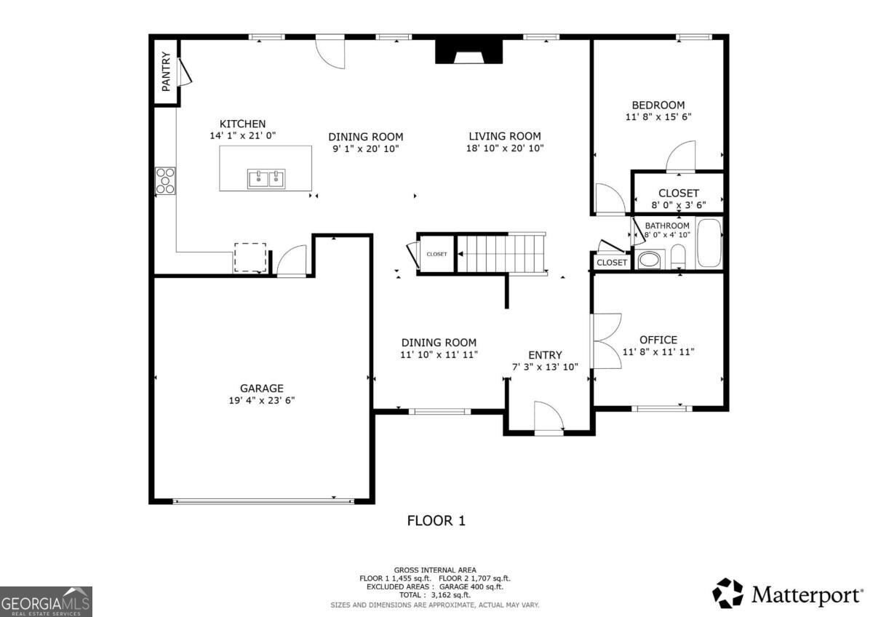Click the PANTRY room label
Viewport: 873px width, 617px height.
pos(166,71)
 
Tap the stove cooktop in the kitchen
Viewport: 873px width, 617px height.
pos(165,181)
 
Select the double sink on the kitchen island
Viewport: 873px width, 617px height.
pos(266,179)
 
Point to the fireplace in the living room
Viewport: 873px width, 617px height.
pos(469,51)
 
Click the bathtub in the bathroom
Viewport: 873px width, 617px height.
pos(709,242)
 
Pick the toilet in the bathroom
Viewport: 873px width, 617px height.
pos(678,256)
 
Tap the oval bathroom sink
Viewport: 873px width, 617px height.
pos(649,260)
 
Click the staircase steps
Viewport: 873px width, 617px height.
pos(501,254)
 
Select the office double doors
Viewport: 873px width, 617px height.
pos(606,341)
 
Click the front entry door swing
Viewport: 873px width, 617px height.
pos(549,417)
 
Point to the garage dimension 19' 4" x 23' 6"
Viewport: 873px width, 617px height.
pos(261,400)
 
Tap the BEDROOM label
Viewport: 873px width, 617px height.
pos(658,106)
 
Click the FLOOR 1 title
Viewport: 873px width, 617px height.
pos(436,521)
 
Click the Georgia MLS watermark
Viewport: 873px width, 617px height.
pos(46,602)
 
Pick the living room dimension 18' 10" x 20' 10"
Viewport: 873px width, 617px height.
pos(505,148)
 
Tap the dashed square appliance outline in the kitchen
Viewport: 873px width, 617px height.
pos(250,258)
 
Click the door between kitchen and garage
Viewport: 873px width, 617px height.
pos(292,261)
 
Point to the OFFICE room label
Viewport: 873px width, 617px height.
pos(658,340)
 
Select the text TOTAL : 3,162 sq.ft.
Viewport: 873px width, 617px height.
pos(435,594)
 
